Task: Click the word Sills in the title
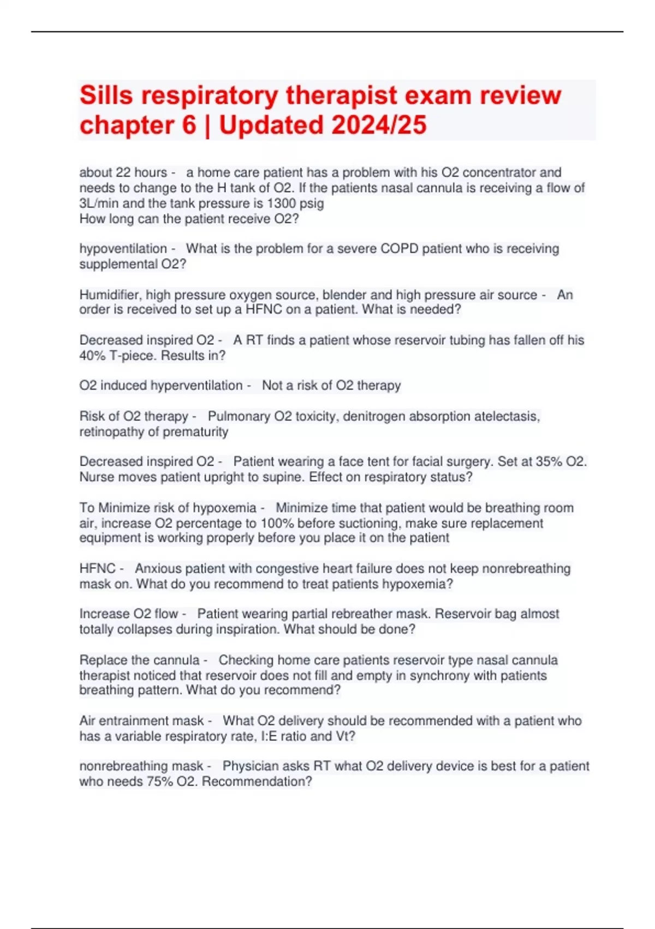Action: (106, 96)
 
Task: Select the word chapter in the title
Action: (120, 125)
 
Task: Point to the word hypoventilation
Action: (123, 249)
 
